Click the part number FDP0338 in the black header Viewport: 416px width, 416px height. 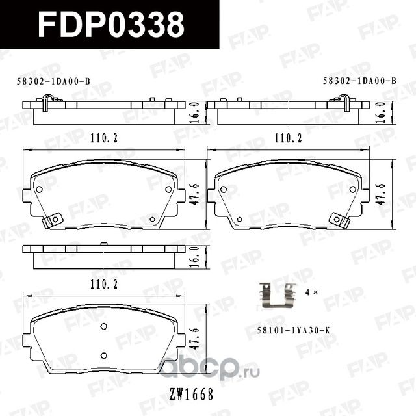point(110,25)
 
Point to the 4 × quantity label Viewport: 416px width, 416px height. point(311,293)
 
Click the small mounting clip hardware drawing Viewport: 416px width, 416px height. point(276,294)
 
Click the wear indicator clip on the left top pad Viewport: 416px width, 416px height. point(51,220)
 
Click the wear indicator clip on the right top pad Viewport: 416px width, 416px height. point(339,220)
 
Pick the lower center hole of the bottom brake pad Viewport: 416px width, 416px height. point(103,355)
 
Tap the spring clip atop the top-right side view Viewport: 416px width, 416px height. point(344,102)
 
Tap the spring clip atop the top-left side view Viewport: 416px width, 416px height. point(47,102)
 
